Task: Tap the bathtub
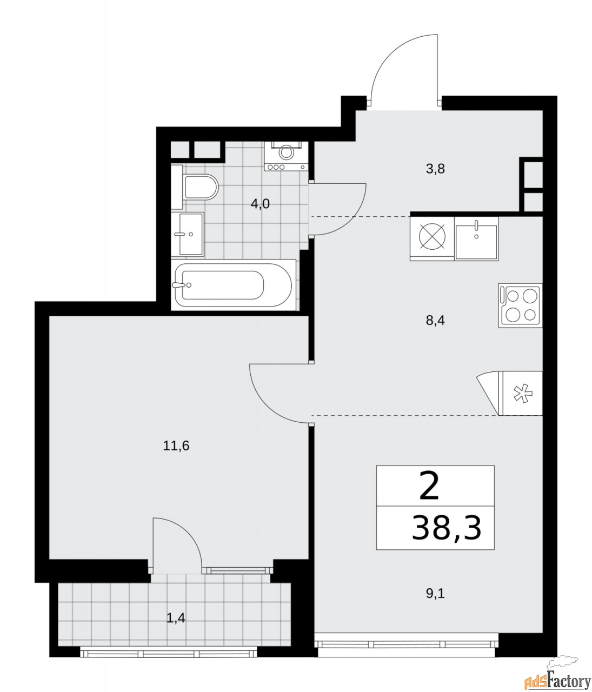point(233,285)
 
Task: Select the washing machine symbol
point(286,156)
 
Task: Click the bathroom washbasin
point(188,234)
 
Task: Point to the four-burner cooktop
point(520,305)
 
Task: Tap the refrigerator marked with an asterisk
point(520,393)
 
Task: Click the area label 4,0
point(260,204)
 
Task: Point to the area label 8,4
point(435,321)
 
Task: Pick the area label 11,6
point(176,446)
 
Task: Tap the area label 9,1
point(435,594)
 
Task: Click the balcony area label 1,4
point(176,618)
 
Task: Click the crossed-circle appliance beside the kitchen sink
point(433,237)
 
